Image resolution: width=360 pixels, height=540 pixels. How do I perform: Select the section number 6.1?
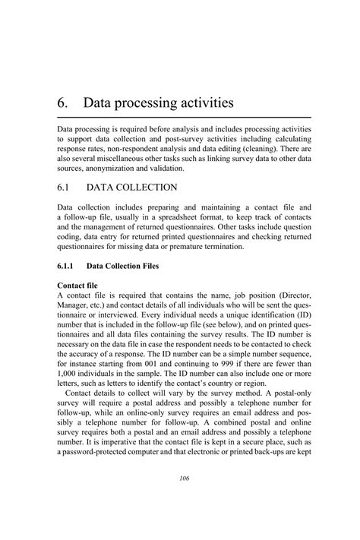click(x=64, y=187)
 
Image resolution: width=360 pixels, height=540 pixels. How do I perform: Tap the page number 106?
click(x=179, y=478)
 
